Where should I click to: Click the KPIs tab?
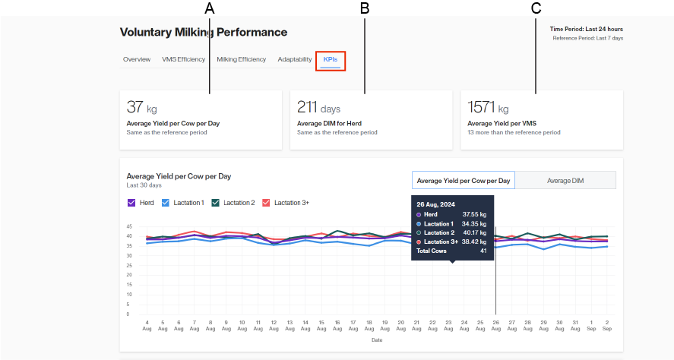pos(331,59)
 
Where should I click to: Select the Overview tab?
pos(137,59)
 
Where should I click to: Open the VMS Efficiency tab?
pos(183,59)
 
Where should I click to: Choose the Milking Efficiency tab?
pos(241,59)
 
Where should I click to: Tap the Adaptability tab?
pos(294,59)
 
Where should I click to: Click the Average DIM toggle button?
pos(565,180)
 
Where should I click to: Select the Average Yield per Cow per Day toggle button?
pos(464,180)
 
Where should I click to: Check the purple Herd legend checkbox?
pos(131,203)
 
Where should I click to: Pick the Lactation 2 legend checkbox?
pos(216,203)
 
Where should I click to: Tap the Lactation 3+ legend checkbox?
pos(266,203)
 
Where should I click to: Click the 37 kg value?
pos(142,107)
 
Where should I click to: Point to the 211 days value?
pos(318,107)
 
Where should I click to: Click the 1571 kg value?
pos(488,107)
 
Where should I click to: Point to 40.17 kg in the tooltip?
pos(474,232)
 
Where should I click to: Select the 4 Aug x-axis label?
pos(147,325)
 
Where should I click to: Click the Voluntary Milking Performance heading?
pos(204,33)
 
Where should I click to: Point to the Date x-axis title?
pos(377,339)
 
